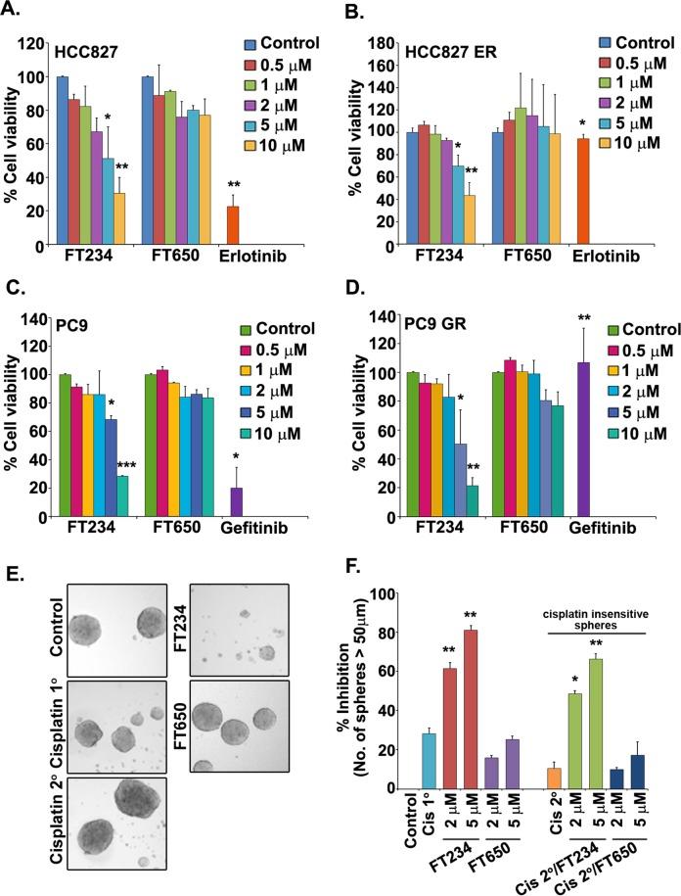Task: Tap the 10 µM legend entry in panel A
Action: [x=285, y=145]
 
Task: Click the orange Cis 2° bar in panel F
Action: [x=552, y=778]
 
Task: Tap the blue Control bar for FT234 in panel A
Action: [x=63, y=161]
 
